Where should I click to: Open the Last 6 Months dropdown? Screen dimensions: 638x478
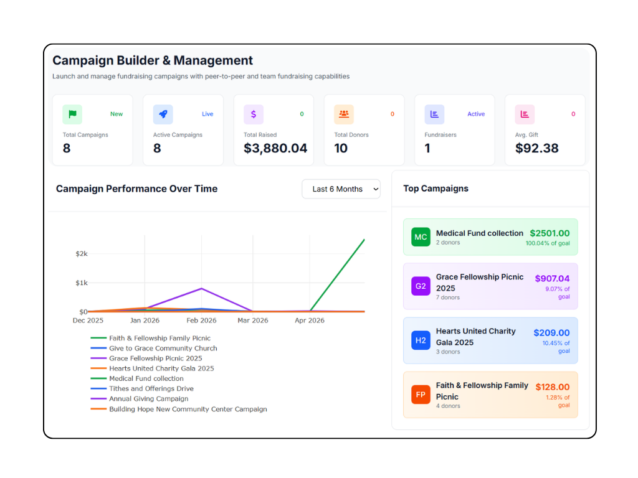[x=341, y=189]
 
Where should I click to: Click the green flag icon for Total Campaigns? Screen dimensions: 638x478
[x=72, y=115]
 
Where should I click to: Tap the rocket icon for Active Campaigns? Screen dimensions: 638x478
[x=163, y=115]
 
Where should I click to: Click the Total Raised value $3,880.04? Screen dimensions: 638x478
[x=275, y=148]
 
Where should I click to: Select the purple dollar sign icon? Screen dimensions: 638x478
[x=254, y=115]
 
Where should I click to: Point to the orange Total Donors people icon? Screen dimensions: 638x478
[x=344, y=115]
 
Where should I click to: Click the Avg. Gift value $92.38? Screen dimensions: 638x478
[x=536, y=148]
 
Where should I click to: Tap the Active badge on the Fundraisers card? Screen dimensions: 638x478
[x=476, y=115]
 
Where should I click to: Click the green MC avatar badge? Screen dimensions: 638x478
[x=421, y=237]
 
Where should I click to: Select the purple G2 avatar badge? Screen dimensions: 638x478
[x=421, y=286]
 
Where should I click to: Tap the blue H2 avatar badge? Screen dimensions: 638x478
[x=421, y=340]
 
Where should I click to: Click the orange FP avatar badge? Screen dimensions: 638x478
[x=421, y=395]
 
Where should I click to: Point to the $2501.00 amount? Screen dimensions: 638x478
[x=550, y=233]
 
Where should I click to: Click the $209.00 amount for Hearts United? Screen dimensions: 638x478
[x=552, y=333]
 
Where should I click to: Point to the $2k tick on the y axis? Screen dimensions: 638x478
[x=82, y=254]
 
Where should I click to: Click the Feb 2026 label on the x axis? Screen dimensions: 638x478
[x=201, y=321]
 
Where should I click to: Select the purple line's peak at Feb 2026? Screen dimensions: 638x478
[x=201, y=289]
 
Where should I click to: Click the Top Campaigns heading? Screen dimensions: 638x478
[x=436, y=189]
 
